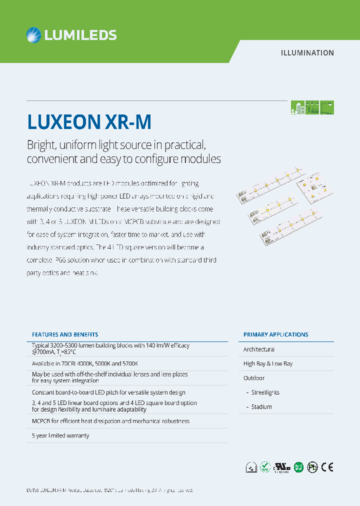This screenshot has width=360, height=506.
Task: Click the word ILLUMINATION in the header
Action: (x=307, y=52)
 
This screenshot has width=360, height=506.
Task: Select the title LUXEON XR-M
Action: (x=88, y=122)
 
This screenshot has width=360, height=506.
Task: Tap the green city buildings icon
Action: (x=297, y=107)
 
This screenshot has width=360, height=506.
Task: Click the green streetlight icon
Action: (x=327, y=107)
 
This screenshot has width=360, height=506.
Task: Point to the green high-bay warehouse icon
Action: (x=312, y=107)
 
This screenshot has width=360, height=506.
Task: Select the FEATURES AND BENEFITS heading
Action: (x=65, y=334)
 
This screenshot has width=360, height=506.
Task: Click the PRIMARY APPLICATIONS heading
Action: (x=275, y=334)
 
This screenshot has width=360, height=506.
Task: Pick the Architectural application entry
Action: (x=259, y=349)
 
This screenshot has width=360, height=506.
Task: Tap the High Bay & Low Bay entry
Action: (x=268, y=363)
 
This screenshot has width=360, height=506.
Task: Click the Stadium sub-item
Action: (x=261, y=407)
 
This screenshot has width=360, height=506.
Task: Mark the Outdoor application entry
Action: (x=254, y=378)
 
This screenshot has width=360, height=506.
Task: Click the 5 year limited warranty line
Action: (x=60, y=435)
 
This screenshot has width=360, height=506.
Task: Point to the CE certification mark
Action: (x=327, y=467)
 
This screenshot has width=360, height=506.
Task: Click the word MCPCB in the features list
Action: (x=40, y=421)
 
